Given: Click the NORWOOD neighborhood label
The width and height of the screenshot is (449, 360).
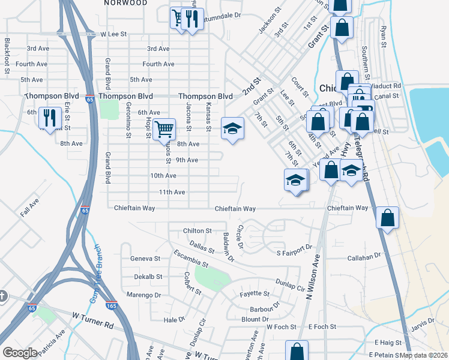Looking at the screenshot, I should pyautogui.click(x=125, y=3).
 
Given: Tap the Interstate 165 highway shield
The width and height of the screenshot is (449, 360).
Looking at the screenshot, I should pyautogui.click(x=111, y=305).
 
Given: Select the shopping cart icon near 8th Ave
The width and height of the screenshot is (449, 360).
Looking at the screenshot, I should pyautogui.click(x=164, y=129).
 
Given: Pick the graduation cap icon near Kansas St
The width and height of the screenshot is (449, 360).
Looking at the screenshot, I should pyautogui.click(x=232, y=128).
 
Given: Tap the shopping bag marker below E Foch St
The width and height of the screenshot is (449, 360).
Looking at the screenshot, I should pyautogui.click(x=297, y=350).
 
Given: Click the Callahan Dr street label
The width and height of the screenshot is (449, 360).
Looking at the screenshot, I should pyautogui.click(x=364, y=256).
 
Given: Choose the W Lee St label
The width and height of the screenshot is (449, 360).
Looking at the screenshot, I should pyautogui.click(x=113, y=34).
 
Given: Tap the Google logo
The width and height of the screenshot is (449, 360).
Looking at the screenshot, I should pyautogui.click(x=20, y=353).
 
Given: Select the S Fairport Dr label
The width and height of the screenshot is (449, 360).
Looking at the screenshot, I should pyautogui.click(x=295, y=247).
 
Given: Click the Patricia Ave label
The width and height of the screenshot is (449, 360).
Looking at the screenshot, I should pyautogui.click(x=51, y=341).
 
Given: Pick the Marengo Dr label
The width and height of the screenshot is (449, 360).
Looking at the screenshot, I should pyautogui.click(x=144, y=295).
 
